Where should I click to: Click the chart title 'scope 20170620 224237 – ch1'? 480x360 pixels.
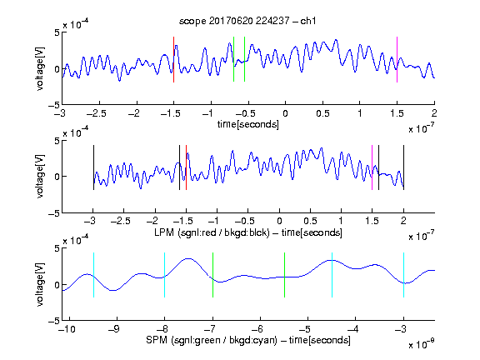[x=247, y=21]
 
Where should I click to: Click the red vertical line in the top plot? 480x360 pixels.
[x=174, y=59]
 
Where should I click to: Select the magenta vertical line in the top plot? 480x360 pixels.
[x=397, y=59]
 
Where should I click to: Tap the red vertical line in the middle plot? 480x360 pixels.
[x=186, y=167]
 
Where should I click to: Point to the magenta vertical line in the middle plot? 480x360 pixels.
[x=372, y=167]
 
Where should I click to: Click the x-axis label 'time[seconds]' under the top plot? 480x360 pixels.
[x=248, y=124]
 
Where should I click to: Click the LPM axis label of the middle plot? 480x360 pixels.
[x=248, y=232]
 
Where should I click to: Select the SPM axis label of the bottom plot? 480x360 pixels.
[x=248, y=340]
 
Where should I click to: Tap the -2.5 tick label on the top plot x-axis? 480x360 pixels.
[x=97, y=113]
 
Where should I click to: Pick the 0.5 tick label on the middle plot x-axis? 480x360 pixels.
[x=310, y=221]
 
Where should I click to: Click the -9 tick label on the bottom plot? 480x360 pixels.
[x=113, y=329]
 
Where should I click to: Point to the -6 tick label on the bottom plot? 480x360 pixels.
[x=257, y=329]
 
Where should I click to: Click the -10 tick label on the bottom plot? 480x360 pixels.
[x=67, y=329]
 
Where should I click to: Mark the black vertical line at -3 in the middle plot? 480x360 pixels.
[x=93, y=167]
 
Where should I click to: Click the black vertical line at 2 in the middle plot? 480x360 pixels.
[x=403, y=167]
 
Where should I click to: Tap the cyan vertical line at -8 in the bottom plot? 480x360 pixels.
[x=165, y=275]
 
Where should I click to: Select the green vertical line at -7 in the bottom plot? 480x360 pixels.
[x=212, y=275]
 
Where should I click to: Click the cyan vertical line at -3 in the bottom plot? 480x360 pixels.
[x=404, y=275]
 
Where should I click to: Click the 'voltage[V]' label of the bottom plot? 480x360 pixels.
[x=40, y=284]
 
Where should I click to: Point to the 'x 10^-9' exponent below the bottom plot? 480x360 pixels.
[x=422, y=344]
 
